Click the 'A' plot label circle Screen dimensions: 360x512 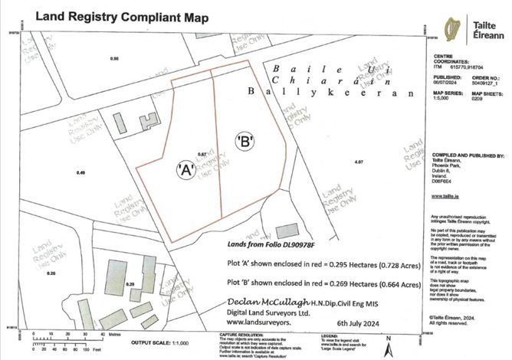(185, 169)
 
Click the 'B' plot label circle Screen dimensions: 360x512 (245, 142)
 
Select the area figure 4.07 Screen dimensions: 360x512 (359, 162)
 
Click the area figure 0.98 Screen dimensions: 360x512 (116, 59)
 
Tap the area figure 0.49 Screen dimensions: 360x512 (81, 172)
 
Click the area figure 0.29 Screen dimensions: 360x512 (130, 284)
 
